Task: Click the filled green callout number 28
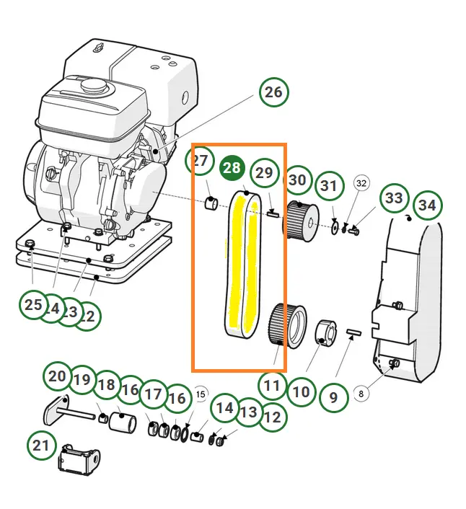point(232,169)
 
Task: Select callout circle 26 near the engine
point(273,92)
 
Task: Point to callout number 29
point(265,173)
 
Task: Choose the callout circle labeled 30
point(298,181)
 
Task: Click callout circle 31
point(329,186)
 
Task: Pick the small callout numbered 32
point(361,183)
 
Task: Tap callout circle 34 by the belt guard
point(427,205)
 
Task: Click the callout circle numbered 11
point(272,386)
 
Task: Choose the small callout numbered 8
point(361,394)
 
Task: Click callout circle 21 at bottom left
point(42,445)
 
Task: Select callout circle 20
point(58,376)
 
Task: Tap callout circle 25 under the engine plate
point(33,305)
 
